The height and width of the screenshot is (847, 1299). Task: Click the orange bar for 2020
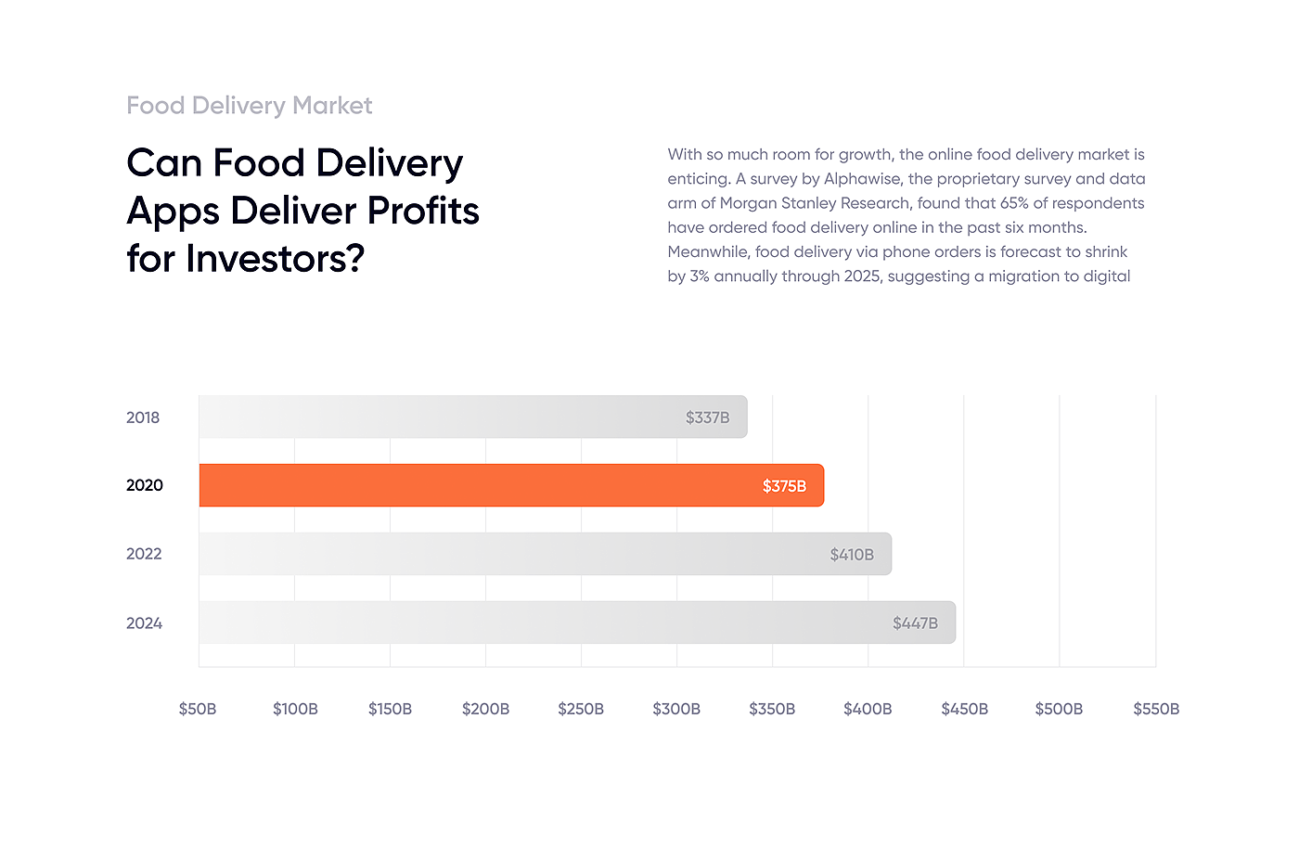pyautogui.click(x=510, y=485)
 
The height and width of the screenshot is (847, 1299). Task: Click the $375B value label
pyautogui.click(x=784, y=486)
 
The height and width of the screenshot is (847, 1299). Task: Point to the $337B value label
pyautogui.click(x=707, y=417)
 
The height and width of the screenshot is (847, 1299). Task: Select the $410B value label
pyautogui.click(x=852, y=555)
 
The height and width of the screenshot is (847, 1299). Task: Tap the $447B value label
pyautogui.click(x=915, y=623)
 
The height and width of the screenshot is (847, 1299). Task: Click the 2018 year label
pyautogui.click(x=143, y=417)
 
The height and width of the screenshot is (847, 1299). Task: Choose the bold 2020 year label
pyautogui.click(x=145, y=485)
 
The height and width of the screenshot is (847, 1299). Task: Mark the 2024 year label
pyautogui.click(x=144, y=623)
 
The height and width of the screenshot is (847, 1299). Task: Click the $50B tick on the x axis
pyautogui.click(x=198, y=709)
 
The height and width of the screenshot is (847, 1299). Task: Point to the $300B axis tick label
pyautogui.click(x=676, y=709)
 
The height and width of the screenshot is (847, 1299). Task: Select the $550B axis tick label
pyautogui.click(x=1156, y=709)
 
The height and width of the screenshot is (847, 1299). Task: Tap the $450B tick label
pyautogui.click(x=964, y=709)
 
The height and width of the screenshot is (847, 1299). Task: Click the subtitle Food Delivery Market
pyautogui.click(x=249, y=106)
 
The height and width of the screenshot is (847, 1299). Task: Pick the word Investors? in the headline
pyautogui.click(x=275, y=259)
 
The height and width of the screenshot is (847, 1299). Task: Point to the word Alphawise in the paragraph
pyautogui.click(x=862, y=179)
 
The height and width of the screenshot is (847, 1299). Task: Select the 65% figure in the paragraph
pyautogui.click(x=1014, y=203)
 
